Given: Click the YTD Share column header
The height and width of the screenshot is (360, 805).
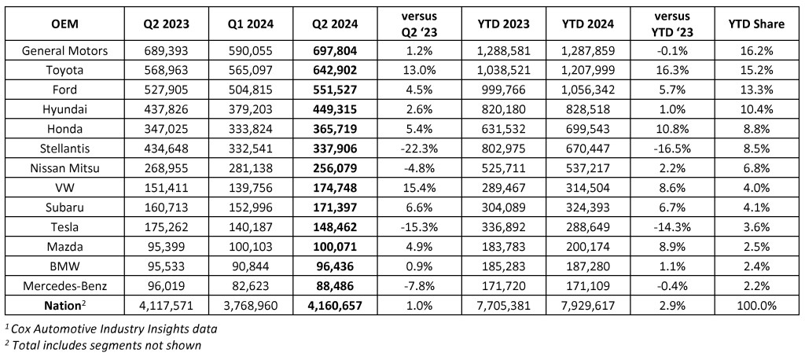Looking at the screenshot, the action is [x=757, y=24].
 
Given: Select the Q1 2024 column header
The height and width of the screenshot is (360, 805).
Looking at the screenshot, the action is [x=252, y=24].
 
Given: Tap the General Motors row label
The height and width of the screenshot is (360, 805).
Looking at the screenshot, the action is [x=64, y=50].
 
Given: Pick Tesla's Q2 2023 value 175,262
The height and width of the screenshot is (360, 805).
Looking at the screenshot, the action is [x=167, y=227].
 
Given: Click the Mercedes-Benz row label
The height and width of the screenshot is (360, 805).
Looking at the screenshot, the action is [x=64, y=285].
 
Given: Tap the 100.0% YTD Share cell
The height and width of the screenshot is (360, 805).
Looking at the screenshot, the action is [x=757, y=306].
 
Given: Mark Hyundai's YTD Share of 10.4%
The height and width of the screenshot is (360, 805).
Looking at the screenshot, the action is [x=757, y=109].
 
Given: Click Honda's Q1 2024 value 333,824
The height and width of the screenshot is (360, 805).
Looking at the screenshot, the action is [x=252, y=130].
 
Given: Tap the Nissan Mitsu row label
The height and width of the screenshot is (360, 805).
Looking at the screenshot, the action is [x=64, y=168].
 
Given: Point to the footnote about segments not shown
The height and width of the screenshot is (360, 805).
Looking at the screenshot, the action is [x=103, y=345].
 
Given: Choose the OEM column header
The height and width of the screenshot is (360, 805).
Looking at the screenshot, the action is [x=64, y=24].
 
